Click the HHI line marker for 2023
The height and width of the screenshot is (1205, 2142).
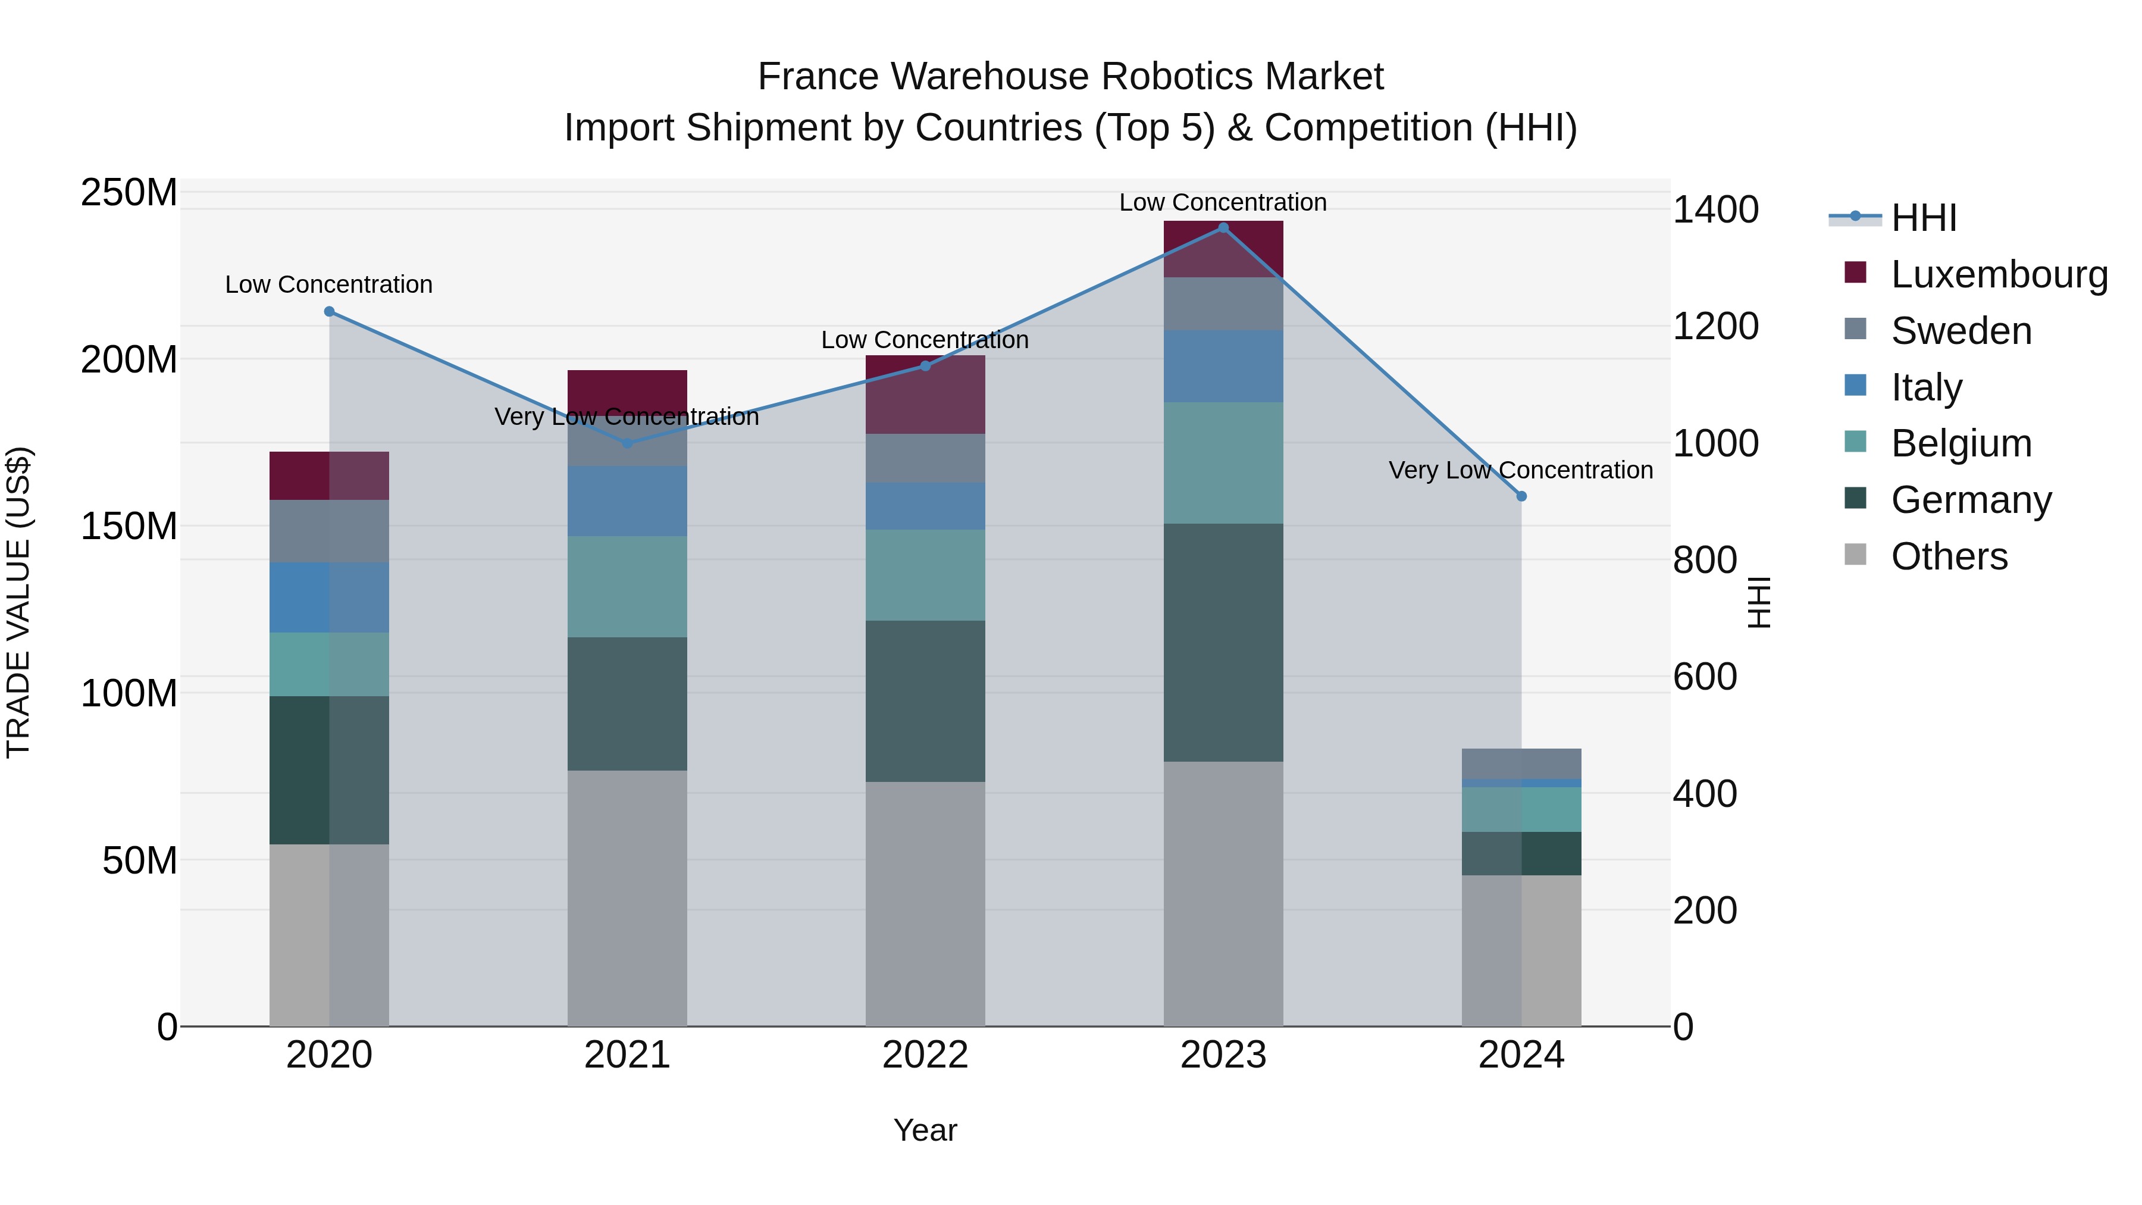coord(1223,228)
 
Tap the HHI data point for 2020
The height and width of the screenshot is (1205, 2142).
coord(329,312)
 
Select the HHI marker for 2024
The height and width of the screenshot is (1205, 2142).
coord(1521,496)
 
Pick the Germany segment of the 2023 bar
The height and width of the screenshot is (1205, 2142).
coord(1223,642)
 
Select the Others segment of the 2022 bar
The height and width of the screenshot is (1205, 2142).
coord(925,903)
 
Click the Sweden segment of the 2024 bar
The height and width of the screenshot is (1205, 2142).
coord(1521,763)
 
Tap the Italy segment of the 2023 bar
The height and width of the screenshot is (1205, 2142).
coord(1223,366)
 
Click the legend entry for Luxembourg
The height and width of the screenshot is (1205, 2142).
coord(1999,274)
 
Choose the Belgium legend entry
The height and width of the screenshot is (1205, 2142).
coord(1961,443)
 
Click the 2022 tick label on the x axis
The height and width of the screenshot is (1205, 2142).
coord(925,1055)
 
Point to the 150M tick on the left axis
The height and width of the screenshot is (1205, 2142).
coord(129,527)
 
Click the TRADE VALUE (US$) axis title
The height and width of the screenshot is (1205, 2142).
coord(18,602)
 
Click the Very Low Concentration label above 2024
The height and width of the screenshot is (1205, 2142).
coord(1521,471)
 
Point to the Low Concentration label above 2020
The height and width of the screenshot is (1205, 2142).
coord(329,284)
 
